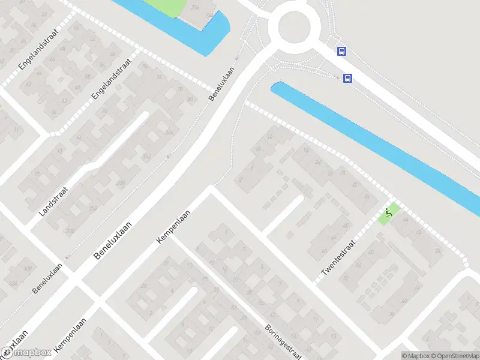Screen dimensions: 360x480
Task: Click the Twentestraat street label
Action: point(339,258)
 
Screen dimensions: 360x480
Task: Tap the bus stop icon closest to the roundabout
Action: point(341,51)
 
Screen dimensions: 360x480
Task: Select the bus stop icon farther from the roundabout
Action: point(347,78)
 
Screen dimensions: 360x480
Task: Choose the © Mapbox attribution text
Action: point(416,356)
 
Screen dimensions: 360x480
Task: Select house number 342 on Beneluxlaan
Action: point(146,157)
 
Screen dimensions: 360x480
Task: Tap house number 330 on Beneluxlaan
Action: point(71,230)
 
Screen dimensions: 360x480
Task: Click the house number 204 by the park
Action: point(194,7)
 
